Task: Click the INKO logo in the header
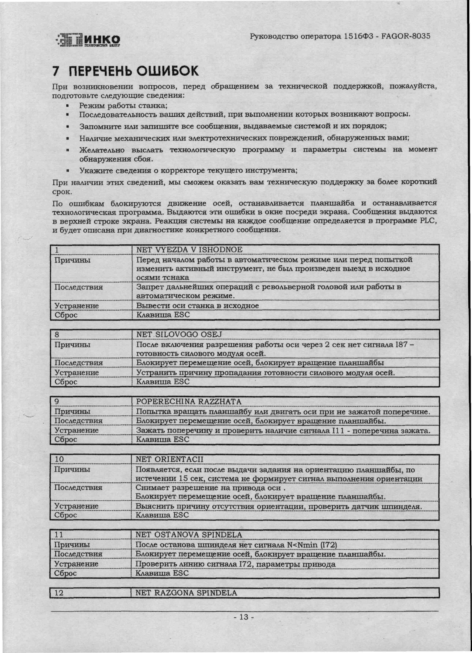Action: click(x=88, y=40)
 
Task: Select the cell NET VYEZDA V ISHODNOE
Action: click(x=189, y=250)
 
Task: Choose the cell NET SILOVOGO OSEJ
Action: click(x=179, y=334)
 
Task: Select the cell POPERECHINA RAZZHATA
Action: click(x=189, y=401)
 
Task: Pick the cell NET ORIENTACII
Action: click(x=169, y=459)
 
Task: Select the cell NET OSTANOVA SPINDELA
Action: click(x=189, y=535)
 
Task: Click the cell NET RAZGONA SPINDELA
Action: click(x=186, y=593)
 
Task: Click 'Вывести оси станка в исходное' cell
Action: click(x=197, y=305)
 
